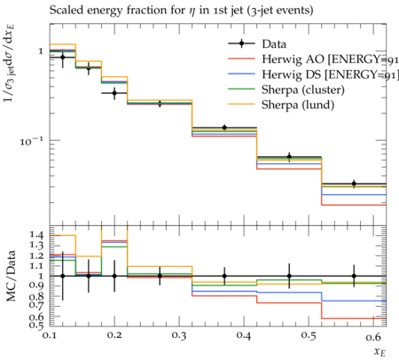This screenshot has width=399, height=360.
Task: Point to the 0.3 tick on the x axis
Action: pyautogui.click(x=179, y=336)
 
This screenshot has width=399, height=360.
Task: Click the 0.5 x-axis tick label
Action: pyautogui.click(x=309, y=336)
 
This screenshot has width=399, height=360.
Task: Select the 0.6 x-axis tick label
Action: pyautogui.click(x=373, y=336)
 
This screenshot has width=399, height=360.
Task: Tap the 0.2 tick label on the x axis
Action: pyautogui.click(x=114, y=336)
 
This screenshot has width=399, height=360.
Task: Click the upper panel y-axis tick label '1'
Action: pyautogui.click(x=41, y=51)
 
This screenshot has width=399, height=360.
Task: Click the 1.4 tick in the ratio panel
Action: pyautogui.click(x=36, y=235)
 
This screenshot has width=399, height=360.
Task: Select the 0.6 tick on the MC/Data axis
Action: pyautogui.click(x=36, y=317)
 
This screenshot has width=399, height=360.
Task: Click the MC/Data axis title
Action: pyautogui.click(x=11, y=276)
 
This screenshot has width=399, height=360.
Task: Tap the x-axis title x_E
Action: pyautogui.click(x=380, y=352)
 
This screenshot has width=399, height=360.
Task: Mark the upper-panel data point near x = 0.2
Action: pyautogui.click(x=114, y=93)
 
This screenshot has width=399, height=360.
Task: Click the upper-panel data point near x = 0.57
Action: pyautogui.click(x=354, y=184)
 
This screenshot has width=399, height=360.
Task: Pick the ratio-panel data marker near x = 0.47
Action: pyautogui.click(x=289, y=276)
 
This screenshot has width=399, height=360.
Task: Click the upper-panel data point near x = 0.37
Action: pyautogui.click(x=224, y=128)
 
